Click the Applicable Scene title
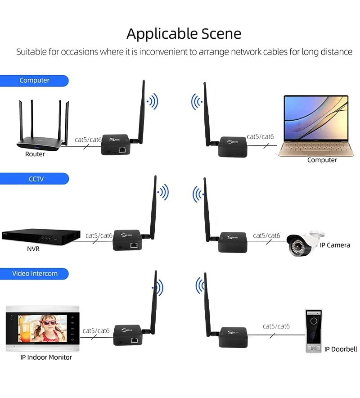[x=184, y=34]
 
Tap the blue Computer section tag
[x=34, y=81]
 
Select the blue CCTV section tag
[x=35, y=179]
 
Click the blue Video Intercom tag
[x=35, y=273]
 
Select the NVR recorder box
[x=40, y=236]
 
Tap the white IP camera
[x=306, y=244]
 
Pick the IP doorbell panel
[x=313, y=330]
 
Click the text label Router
[x=35, y=154]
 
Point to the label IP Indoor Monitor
[x=46, y=357]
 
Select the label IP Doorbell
[x=341, y=349]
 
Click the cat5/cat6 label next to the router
[x=88, y=140]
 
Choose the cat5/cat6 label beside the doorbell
[x=276, y=326]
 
